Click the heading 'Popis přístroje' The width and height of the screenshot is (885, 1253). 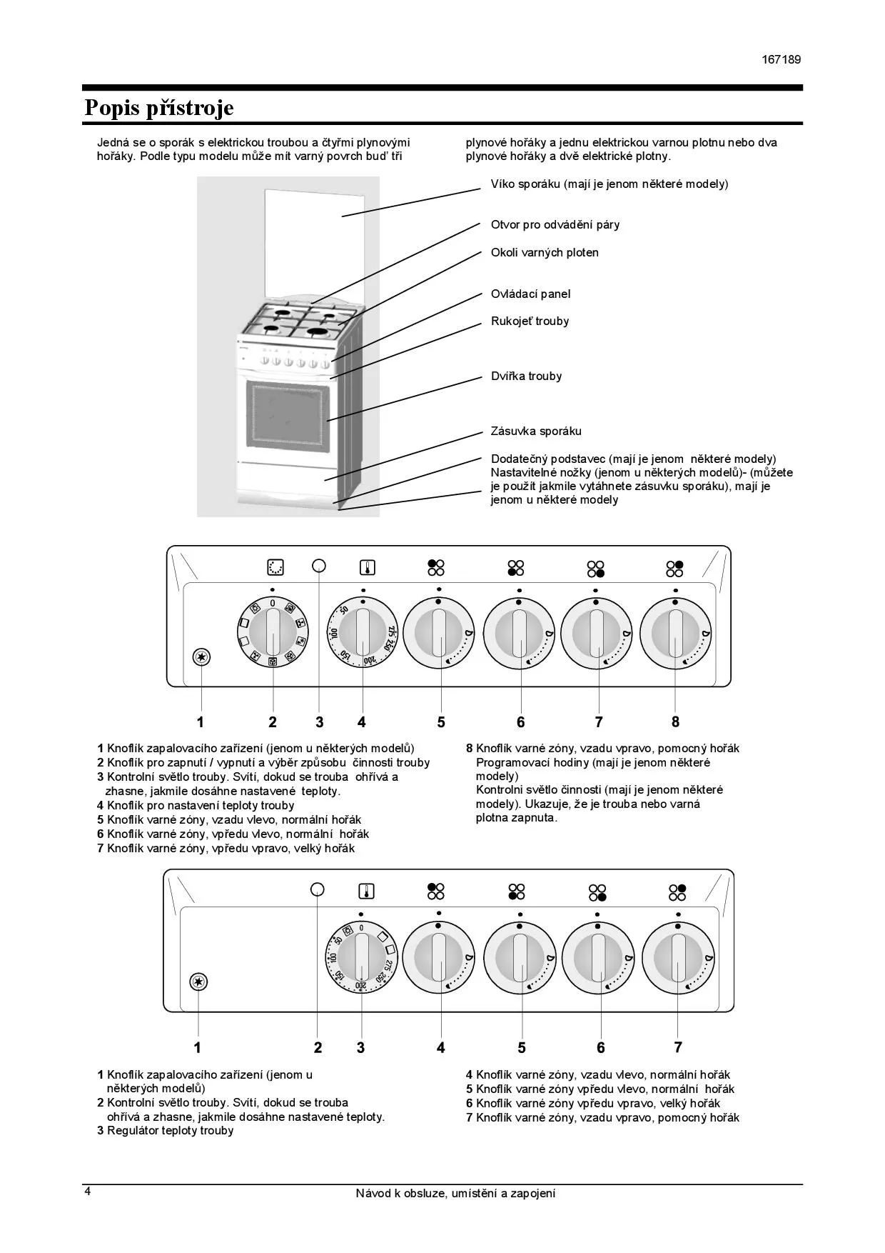(x=158, y=108)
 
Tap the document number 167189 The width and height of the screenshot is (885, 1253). (x=781, y=59)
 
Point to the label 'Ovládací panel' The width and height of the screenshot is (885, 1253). (x=530, y=294)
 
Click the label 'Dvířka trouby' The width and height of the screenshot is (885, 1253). (x=526, y=376)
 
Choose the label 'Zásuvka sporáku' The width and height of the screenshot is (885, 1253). (x=536, y=431)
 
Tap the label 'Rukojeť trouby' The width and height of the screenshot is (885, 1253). (x=530, y=321)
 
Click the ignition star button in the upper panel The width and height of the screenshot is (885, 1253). (x=202, y=657)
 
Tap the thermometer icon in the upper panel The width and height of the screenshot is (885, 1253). (x=367, y=568)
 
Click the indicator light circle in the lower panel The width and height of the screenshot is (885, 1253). (x=318, y=889)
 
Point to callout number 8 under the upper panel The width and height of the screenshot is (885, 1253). (x=675, y=722)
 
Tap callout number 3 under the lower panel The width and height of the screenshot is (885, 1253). (x=360, y=1047)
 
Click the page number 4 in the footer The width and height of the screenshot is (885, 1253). (x=88, y=1192)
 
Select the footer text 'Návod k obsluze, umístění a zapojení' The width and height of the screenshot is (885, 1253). (x=455, y=1193)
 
